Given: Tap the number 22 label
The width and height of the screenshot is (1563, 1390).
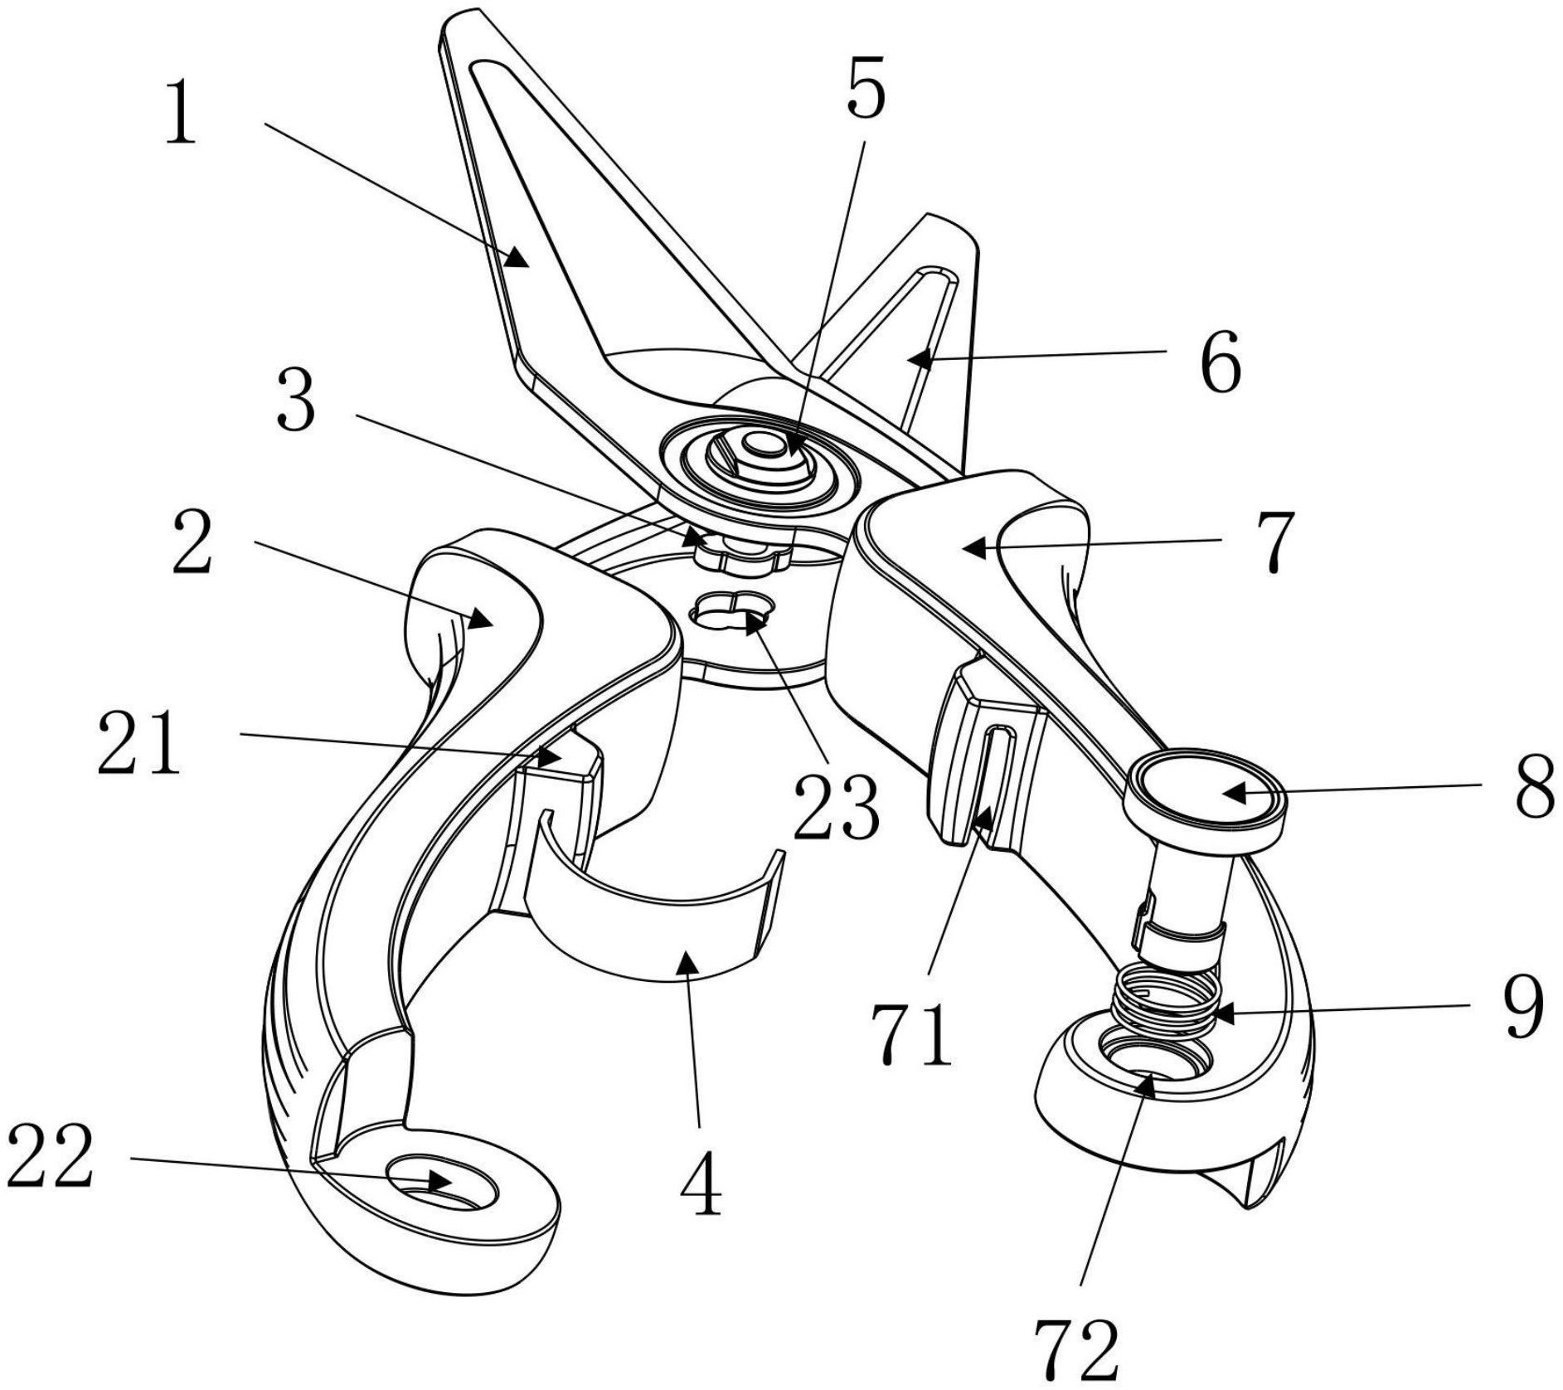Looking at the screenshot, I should click(50, 1158).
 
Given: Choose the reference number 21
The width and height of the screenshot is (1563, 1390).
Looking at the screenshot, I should click(139, 743).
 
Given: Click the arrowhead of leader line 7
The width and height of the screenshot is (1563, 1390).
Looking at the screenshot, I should click(972, 547).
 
